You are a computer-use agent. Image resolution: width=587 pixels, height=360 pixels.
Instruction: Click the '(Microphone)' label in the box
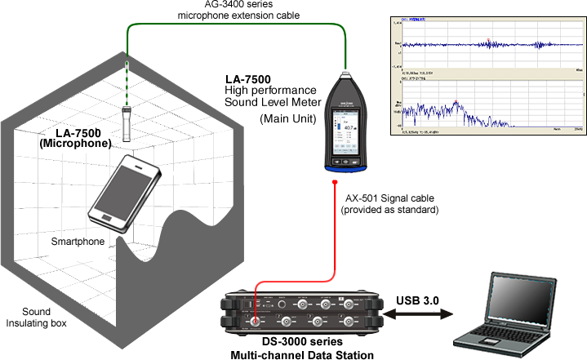(75, 143)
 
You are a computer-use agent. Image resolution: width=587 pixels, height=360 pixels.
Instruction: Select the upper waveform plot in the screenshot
(486, 44)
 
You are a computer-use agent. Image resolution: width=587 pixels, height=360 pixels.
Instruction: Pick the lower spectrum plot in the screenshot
(486, 106)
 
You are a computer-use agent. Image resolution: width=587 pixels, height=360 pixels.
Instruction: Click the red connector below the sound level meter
(336, 180)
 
